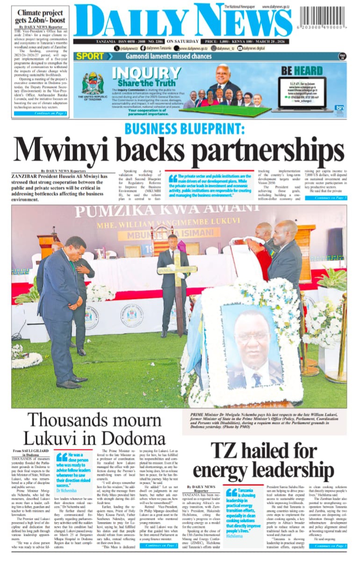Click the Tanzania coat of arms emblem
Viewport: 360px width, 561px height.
tap(92, 84)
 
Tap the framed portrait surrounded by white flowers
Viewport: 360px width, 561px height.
tap(252, 347)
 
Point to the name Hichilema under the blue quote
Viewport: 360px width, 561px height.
tap(236, 536)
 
